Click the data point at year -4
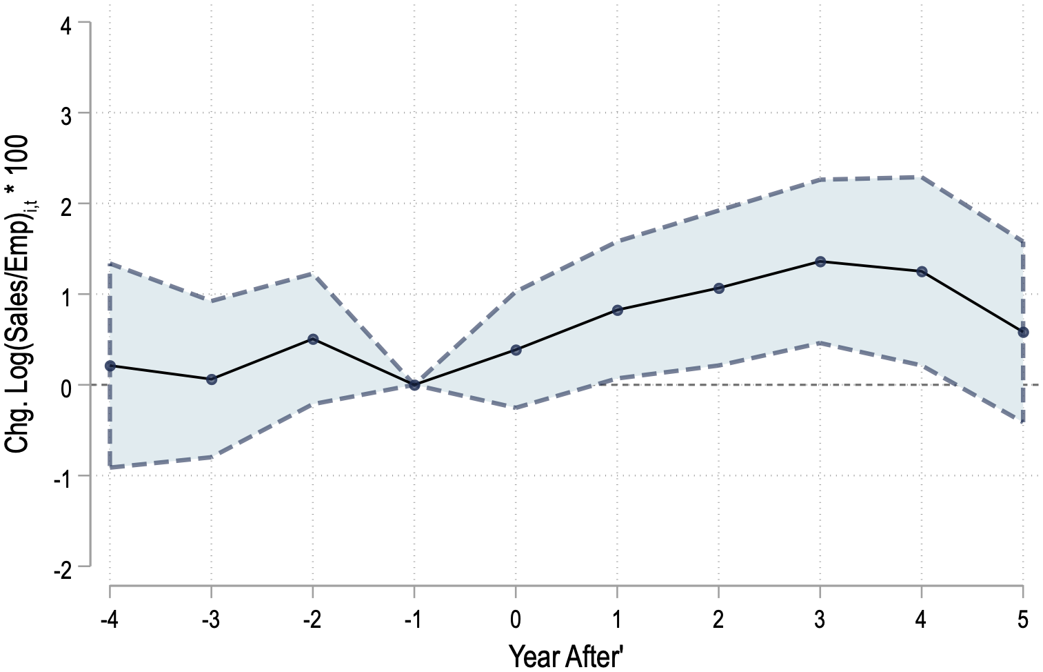pos(110,366)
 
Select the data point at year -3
pos(212,379)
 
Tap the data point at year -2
pos(313,339)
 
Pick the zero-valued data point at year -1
pos(414,385)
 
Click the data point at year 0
pos(516,350)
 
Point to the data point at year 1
pos(617,310)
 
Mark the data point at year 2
pos(719,288)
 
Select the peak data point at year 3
pos(820,261)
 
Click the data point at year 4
pos(922,272)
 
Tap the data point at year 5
pos(1023,332)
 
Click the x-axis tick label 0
pos(516,620)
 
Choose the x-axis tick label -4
pos(109,620)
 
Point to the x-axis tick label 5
pos(1023,620)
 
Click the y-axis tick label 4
pos(66,26)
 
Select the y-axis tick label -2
pos(62,571)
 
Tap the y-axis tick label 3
pos(66,117)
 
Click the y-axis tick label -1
pos(62,480)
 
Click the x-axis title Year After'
pos(566,656)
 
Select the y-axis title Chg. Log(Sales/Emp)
pos(18,293)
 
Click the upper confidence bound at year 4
pos(922,177)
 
